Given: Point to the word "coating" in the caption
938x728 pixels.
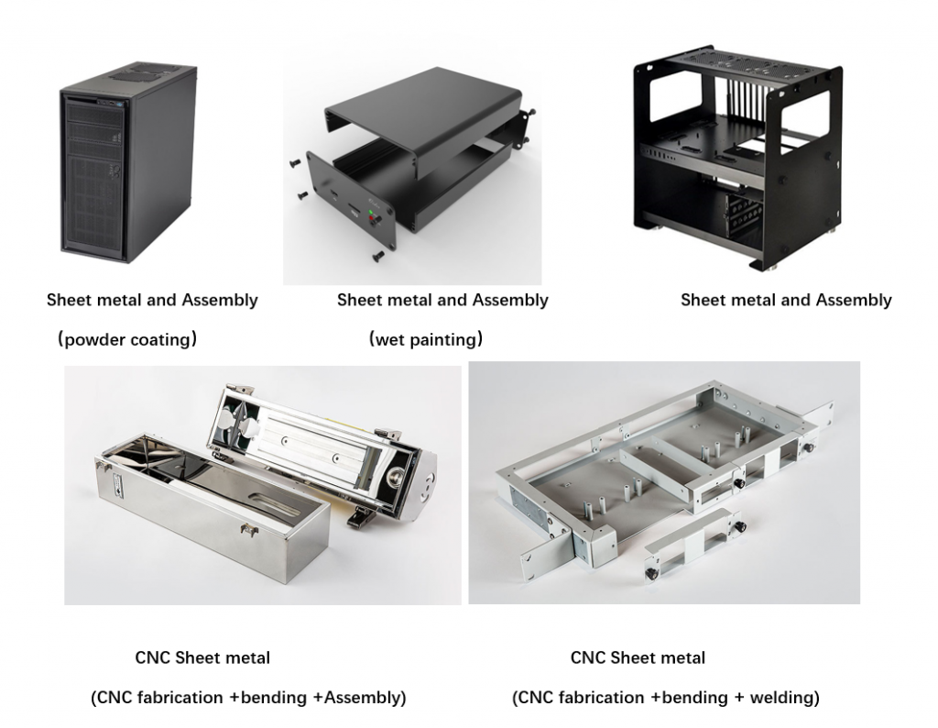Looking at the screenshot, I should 164,340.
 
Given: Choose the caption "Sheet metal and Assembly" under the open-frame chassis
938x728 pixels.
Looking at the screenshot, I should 785,300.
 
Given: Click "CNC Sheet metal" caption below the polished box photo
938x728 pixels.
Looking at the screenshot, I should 202,657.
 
